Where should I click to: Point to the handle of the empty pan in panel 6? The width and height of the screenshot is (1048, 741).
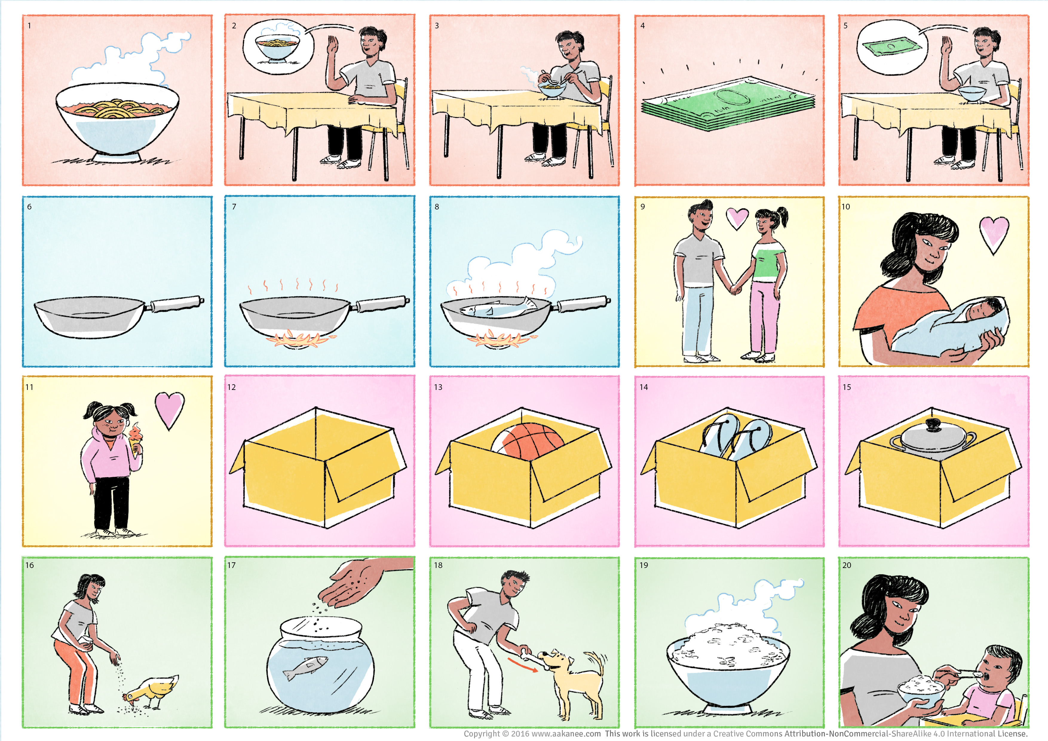(x=175, y=304)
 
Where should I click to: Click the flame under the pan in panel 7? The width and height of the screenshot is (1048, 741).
(x=299, y=340)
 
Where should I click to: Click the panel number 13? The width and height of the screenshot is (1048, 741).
(x=438, y=387)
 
